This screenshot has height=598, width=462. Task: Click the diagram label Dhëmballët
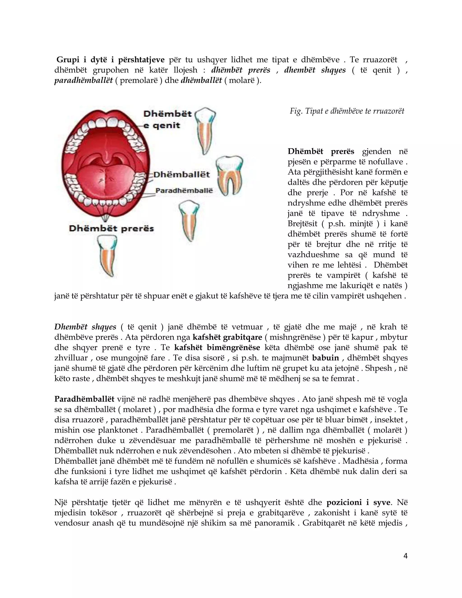[x=181, y=175]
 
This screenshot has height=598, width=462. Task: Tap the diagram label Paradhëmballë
[x=184, y=191]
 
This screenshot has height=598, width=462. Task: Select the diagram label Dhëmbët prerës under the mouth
[x=111, y=229]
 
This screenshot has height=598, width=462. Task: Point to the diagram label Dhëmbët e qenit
[x=167, y=120]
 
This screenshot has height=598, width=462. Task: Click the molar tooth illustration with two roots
[x=229, y=175]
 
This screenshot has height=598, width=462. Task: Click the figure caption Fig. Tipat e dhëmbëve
[x=347, y=111]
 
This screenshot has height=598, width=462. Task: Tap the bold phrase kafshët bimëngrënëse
[x=217, y=348]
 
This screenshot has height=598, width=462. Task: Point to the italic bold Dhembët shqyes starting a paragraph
[x=85, y=327]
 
